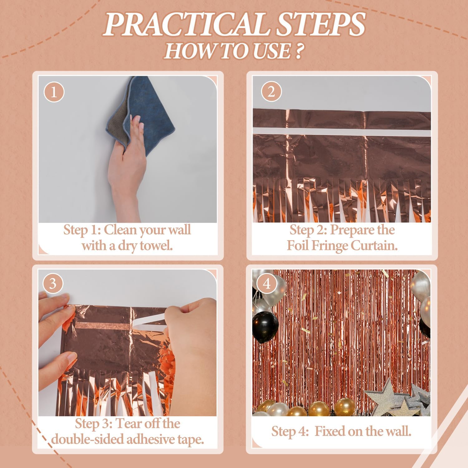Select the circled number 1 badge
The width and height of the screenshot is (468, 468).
54,92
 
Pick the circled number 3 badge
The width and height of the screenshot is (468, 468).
52,284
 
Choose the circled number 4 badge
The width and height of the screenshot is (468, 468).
266,284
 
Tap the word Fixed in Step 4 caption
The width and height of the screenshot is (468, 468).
329,431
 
